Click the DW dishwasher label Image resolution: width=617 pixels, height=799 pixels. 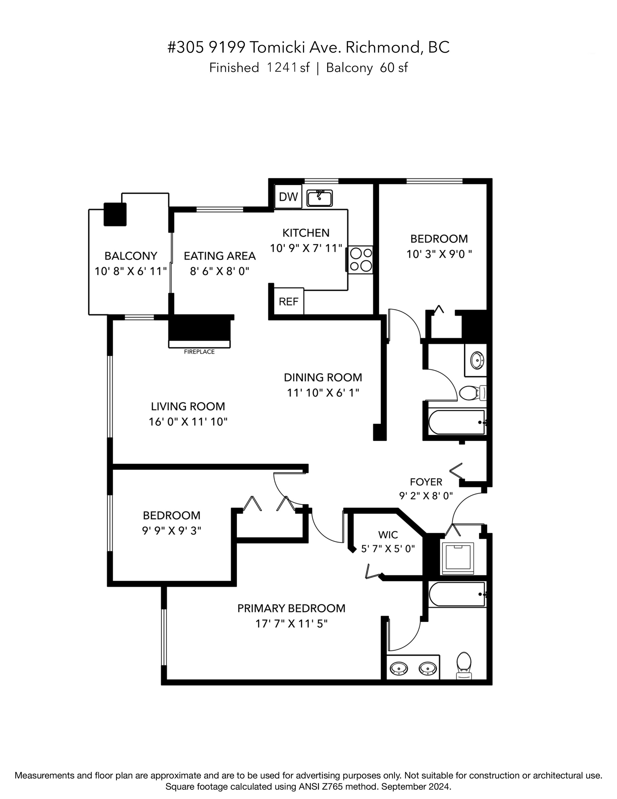(x=288, y=197)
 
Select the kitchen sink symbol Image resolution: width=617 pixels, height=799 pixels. (x=319, y=198)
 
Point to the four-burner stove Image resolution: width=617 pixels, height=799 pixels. (x=360, y=259)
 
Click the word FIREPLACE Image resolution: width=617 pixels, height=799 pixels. (x=199, y=352)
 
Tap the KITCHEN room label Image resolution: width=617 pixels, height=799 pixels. (x=306, y=233)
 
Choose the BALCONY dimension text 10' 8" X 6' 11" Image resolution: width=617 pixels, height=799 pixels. (x=131, y=271)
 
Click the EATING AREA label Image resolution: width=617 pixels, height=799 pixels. (x=219, y=256)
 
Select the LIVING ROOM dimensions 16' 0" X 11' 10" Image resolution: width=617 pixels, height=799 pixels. (x=188, y=422)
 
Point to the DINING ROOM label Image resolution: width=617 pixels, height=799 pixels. (x=323, y=377)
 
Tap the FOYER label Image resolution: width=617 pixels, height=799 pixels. (x=426, y=482)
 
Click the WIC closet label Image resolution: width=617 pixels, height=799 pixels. (x=388, y=535)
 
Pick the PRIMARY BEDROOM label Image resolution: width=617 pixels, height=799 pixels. (x=292, y=608)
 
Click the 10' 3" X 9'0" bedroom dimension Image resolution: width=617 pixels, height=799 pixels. (x=439, y=254)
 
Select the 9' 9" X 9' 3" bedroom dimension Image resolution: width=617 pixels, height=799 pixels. (x=172, y=531)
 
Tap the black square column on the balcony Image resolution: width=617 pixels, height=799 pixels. (x=115, y=214)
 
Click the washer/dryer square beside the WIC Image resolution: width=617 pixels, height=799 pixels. (x=458, y=558)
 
